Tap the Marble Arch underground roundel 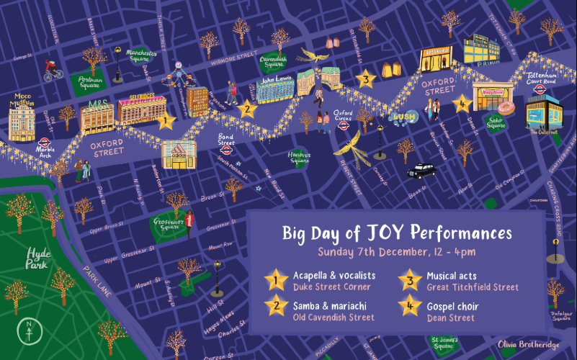coord(45,143)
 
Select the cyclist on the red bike coord(53,69)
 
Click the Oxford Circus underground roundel coord(344,123)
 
